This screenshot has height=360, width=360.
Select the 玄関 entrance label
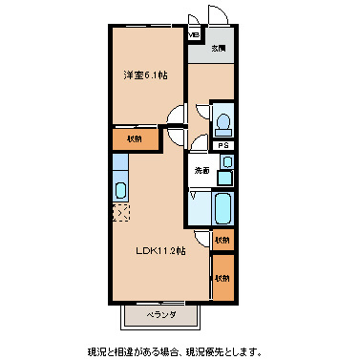(219, 48)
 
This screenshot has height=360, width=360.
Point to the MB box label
(194, 36)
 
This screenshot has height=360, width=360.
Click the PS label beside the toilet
(222, 145)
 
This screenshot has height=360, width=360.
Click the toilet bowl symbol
(222, 123)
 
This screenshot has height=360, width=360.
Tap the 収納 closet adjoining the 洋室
(133, 138)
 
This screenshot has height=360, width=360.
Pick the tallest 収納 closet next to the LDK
(222, 278)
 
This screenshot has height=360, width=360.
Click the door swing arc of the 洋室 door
(176, 117)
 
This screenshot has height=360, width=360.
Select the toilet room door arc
(199, 143)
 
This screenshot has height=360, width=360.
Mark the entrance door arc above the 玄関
(217, 17)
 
